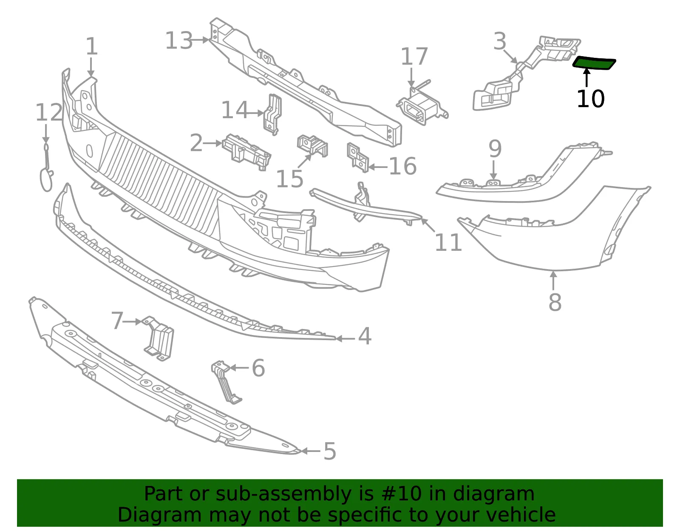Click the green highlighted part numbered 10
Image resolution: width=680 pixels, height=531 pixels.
(x=594, y=63)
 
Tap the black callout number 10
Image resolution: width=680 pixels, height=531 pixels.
(x=590, y=99)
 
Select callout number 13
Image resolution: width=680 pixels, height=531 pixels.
(x=178, y=41)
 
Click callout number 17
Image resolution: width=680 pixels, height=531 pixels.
(x=414, y=56)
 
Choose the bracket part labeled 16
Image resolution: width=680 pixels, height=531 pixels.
(x=358, y=158)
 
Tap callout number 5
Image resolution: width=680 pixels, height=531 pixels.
(x=329, y=451)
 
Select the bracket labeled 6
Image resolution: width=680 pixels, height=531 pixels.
(x=227, y=382)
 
